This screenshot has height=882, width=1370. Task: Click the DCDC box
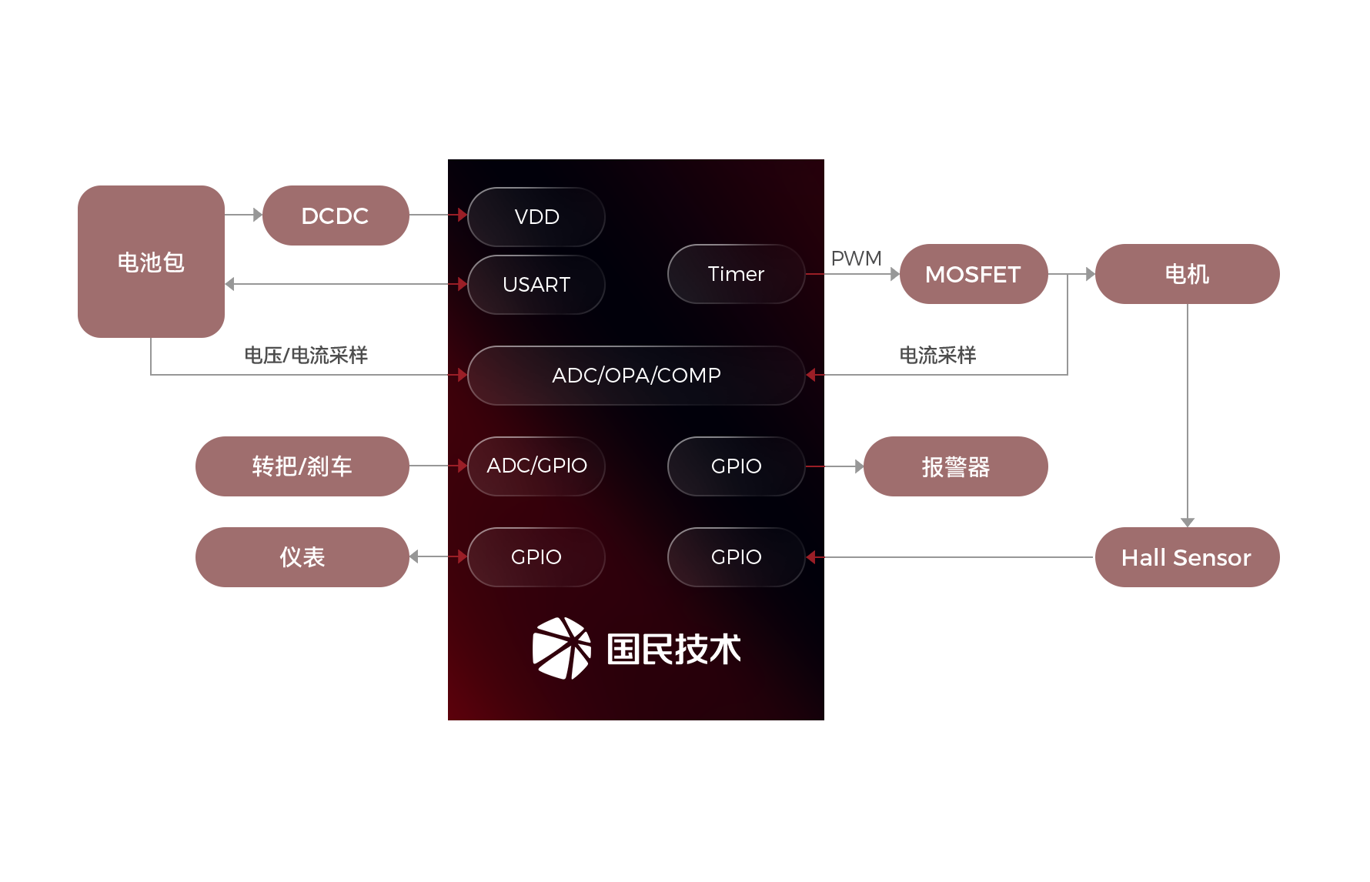tap(335, 215)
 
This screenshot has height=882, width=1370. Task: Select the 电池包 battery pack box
tap(151, 262)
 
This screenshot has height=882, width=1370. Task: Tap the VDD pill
tap(536, 217)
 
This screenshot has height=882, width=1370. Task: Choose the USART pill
tap(536, 285)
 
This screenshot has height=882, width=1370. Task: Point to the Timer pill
tap(736, 274)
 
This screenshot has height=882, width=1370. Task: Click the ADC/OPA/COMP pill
tap(636, 376)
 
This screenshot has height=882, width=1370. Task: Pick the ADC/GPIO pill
tap(536, 466)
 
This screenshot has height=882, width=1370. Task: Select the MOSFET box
tap(973, 274)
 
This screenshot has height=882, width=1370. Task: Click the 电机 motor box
tap(1186, 274)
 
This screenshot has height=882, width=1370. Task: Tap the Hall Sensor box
tap(1186, 557)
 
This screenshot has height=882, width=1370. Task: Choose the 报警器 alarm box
tap(955, 466)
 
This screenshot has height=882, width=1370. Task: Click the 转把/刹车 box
tap(302, 466)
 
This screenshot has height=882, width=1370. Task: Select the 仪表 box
tap(302, 557)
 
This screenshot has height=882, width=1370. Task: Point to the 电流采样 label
tap(937, 356)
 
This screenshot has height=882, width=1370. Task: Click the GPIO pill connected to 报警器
tap(736, 466)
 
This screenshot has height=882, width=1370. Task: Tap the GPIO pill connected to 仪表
tap(536, 557)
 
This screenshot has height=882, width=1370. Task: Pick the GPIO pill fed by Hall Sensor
tap(736, 557)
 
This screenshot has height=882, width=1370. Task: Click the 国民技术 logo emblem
tap(562, 648)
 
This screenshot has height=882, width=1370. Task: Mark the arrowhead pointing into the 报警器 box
tap(859, 466)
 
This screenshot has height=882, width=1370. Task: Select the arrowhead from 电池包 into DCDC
tap(257, 215)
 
